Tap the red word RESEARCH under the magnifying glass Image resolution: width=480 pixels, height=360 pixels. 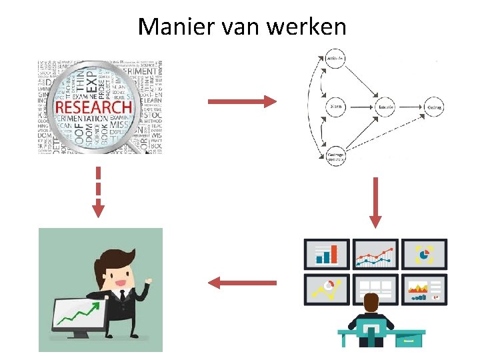(x=93, y=107)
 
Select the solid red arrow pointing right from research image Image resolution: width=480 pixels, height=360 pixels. (x=242, y=101)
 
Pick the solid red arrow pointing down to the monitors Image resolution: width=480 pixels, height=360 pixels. (x=375, y=201)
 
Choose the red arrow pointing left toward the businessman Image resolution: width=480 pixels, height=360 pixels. (x=242, y=283)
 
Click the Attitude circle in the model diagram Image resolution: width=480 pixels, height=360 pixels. (x=336, y=59)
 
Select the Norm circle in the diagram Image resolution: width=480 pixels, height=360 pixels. (x=336, y=107)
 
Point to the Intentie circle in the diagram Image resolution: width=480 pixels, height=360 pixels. (x=385, y=107)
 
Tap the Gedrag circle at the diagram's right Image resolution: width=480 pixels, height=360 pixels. (x=435, y=107)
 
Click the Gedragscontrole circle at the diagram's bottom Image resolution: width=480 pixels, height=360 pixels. (x=335, y=156)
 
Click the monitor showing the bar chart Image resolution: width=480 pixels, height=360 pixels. (x=327, y=254)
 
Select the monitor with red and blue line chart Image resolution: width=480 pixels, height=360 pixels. (x=375, y=254)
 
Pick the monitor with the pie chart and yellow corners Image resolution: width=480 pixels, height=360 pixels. (x=424, y=254)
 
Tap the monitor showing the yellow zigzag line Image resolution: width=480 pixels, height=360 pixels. (x=327, y=289)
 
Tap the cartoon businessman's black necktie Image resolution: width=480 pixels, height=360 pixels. (x=121, y=294)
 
